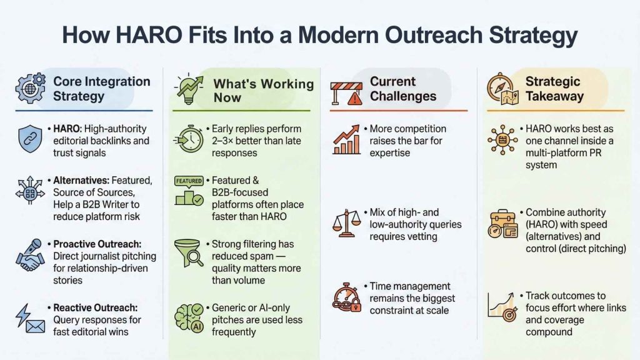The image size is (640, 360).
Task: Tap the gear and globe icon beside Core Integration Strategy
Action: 30,89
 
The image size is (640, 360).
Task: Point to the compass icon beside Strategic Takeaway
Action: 504,88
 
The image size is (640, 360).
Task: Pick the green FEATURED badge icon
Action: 189,191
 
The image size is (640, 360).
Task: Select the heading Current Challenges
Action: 403,89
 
